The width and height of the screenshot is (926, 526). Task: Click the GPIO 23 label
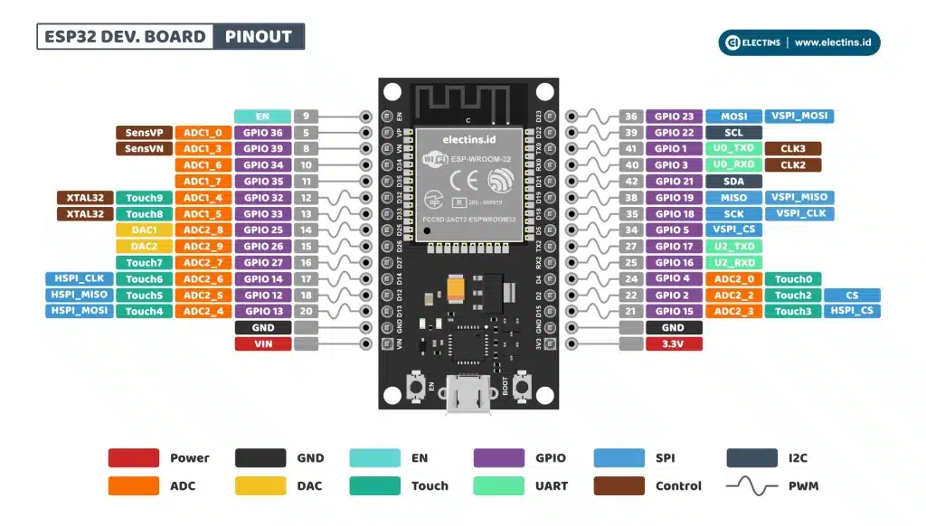[675, 117]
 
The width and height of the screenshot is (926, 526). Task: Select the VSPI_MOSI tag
[798, 117]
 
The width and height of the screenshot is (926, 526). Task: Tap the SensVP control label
[144, 133]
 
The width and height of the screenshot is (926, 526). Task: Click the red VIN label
[262, 344]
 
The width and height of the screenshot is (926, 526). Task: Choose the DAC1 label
[144, 230]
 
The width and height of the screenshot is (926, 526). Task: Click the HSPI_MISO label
[79, 295]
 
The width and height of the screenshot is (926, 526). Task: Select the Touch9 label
[144, 198]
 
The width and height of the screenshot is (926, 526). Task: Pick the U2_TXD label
[733, 247]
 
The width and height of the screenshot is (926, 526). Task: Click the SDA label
[733, 182]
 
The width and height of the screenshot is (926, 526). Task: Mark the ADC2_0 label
[733, 279]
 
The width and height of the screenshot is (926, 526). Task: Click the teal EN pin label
[262, 117]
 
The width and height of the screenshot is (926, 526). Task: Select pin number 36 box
[631, 117]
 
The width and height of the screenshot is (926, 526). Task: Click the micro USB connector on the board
[468, 398]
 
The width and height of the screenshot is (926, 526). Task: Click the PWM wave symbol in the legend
[751, 486]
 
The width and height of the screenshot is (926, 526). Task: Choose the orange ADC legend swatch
[134, 486]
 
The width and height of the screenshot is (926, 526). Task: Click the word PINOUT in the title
[259, 37]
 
